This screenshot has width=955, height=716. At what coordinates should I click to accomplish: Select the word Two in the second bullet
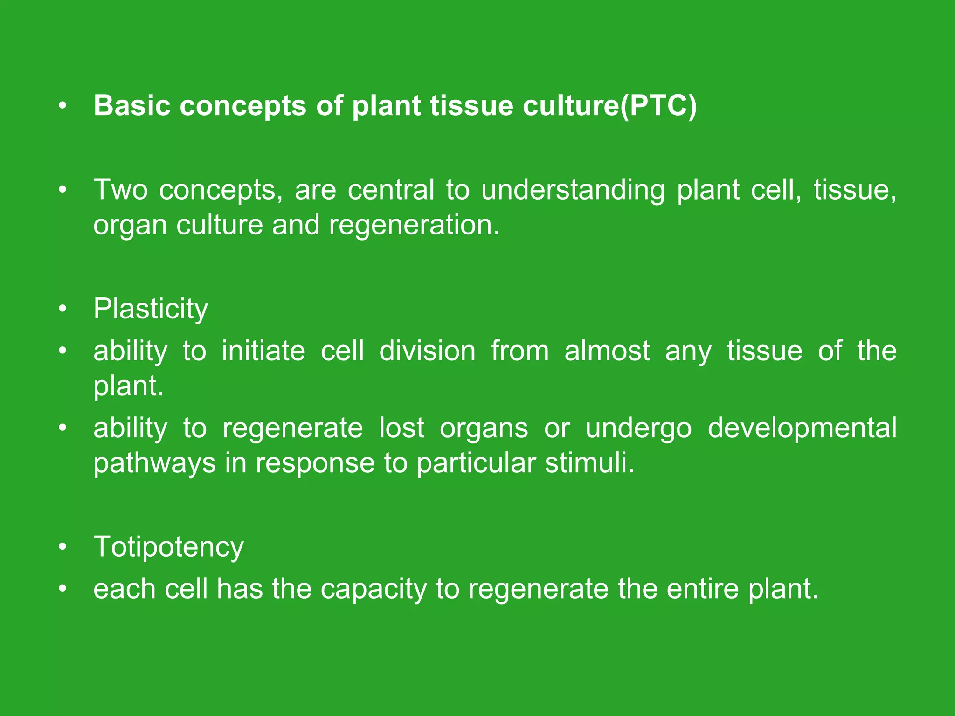121,190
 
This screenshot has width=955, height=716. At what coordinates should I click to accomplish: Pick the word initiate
263,351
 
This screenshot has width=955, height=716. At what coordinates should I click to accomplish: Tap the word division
427,351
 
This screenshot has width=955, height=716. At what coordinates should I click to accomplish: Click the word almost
607,351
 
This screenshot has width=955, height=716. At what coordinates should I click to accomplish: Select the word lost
401,428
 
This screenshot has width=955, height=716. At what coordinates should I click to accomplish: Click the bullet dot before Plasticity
63,309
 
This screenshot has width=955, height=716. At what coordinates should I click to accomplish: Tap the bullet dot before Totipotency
63,546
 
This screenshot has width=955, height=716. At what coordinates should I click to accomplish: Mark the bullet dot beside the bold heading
63,106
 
